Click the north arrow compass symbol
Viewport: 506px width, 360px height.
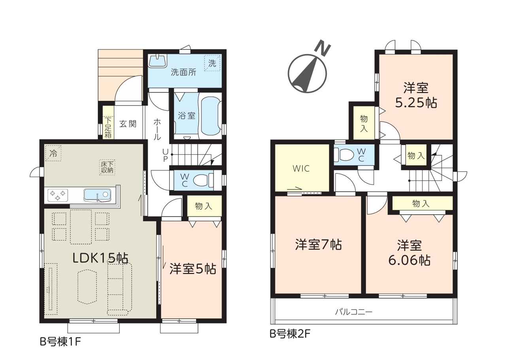click(x=308, y=72)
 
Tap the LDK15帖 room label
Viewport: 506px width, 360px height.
click(x=100, y=258)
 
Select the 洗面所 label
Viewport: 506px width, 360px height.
click(x=183, y=72)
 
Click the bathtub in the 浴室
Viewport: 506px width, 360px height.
click(x=210, y=116)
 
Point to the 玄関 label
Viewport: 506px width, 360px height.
click(x=128, y=124)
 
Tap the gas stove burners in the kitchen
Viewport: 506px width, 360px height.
click(x=58, y=195)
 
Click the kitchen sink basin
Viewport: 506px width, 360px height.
click(x=97, y=195)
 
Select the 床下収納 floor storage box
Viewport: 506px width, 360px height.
click(x=107, y=167)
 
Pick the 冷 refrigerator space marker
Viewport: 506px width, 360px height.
click(x=53, y=153)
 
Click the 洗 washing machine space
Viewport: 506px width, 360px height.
click(x=212, y=63)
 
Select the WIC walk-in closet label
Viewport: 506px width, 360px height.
click(x=301, y=168)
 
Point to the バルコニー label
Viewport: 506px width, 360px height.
click(x=353, y=312)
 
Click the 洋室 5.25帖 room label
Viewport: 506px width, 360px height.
click(x=416, y=95)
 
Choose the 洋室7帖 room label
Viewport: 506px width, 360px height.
click(x=318, y=244)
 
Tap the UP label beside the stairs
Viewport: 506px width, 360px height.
click(x=165, y=155)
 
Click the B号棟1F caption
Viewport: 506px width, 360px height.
click(x=60, y=341)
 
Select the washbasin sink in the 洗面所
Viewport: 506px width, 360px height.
click(x=157, y=61)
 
